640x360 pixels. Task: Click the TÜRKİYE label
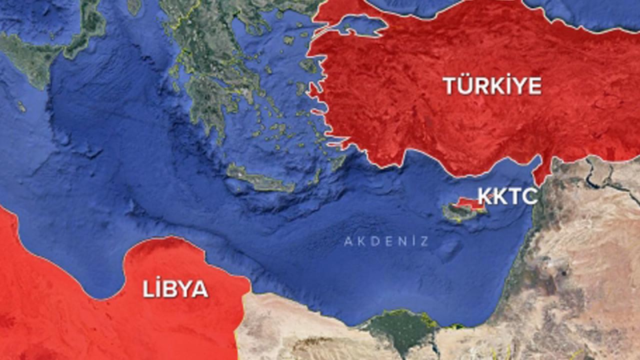[492, 86]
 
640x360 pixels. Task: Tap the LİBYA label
[175, 289]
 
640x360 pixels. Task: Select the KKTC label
[507, 196]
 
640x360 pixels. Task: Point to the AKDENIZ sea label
[386, 242]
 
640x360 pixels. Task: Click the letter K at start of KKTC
[484, 196]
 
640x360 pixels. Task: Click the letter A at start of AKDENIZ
[347, 242]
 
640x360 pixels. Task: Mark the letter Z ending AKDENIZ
[424, 242]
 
